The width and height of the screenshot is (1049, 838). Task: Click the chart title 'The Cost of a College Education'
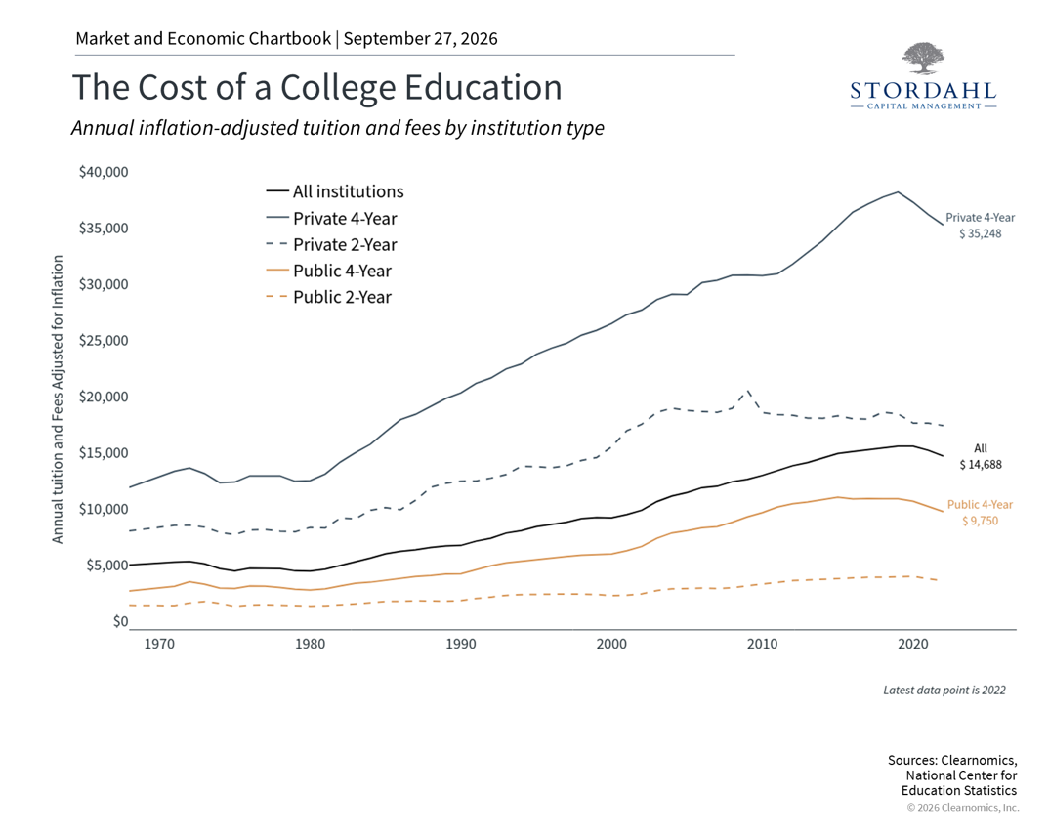click(316, 88)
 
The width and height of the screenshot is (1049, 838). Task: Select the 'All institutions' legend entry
click(335, 192)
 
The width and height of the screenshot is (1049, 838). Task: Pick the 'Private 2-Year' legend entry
click(332, 245)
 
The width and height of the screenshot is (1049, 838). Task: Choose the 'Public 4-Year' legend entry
click(328, 271)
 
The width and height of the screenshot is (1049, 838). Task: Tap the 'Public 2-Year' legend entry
click(328, 297)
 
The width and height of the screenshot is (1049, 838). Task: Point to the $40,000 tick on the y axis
click(104, 172)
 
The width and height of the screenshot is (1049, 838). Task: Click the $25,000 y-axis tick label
click(104, 341)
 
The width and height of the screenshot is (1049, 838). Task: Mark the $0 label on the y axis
click(120, 621)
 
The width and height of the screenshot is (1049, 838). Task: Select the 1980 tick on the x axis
click(310, 644)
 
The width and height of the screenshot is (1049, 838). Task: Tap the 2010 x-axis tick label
click(762, 644)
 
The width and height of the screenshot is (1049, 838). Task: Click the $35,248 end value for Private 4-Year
click(980, 234)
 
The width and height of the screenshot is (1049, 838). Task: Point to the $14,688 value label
click(981, 465)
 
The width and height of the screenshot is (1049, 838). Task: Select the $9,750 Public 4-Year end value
click(980, 521)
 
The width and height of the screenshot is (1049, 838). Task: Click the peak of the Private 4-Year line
click(898, 192)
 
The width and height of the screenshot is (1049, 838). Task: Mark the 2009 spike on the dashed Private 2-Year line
click(748, 391)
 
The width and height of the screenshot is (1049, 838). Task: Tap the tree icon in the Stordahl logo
click(923, 59)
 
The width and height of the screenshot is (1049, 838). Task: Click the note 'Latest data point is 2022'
click(944, 691)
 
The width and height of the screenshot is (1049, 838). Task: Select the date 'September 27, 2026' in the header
click(421, 39)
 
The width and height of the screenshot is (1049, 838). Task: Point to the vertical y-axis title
click(58, 399)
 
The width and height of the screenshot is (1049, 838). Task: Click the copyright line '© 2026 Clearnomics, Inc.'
click(963, 808)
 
